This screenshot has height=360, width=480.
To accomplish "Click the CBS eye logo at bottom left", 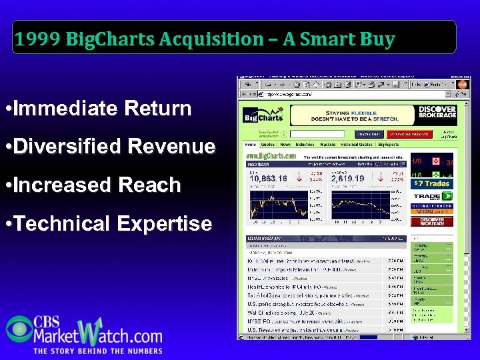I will point(19,329).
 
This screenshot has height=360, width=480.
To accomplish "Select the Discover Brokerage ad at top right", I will point(436,113).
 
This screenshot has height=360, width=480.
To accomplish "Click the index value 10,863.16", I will point(268,179).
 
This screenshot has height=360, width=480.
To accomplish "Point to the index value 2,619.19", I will point(347,179).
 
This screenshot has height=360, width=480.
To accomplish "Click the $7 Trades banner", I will point(431,183).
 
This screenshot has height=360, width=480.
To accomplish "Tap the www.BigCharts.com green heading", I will point(271,155).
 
